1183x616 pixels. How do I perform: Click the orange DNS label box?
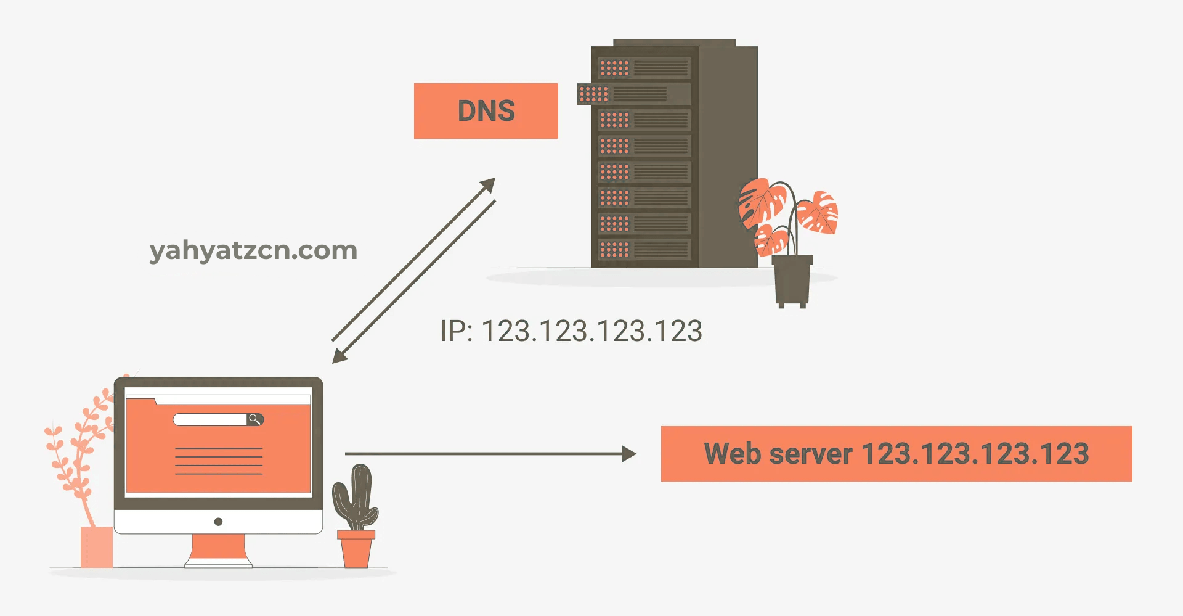[486, 111]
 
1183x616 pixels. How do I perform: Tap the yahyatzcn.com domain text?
[253, 250]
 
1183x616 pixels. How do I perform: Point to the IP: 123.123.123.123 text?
[571, 331]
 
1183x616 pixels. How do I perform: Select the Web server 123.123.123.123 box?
[896, 454]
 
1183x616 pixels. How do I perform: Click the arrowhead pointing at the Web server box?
[628, 454]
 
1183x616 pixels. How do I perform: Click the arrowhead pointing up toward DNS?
[488, 185]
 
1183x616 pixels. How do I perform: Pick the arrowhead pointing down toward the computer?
[339, 356]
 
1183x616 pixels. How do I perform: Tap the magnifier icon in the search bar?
[254, 420]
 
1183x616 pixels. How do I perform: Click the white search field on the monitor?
[209, 420]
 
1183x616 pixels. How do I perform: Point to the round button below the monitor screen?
[218, 522]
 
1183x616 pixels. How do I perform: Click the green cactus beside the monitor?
[356, 496]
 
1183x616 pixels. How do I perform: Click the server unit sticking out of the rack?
[633, 94]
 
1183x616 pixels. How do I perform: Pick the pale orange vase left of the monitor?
[97, 546]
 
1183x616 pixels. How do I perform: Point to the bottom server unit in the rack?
[644, 250]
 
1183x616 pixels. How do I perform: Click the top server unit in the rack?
[644, 68]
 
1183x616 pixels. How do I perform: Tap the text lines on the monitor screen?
[219, 461]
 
